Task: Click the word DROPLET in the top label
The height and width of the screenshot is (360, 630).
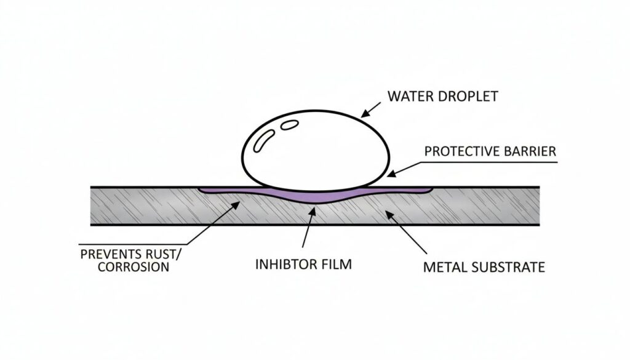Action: pyautogui.click(x=468, y=96)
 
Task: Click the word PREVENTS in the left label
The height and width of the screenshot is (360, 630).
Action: pyautogui.click(x=106, y=254)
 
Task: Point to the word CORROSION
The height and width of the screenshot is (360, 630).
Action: pyautogui.click(x=124, y=267)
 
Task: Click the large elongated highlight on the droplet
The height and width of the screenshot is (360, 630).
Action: pyautogui.click(x=263, y=140)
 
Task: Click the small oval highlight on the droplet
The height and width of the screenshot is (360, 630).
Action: pyautogui.click(x=289, y=125)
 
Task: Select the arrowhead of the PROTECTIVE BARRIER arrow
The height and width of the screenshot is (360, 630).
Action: pyautogui.click(x=388, y=175)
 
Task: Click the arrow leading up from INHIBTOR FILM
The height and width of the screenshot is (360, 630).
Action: pyautogui.click(x=308, y=231)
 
